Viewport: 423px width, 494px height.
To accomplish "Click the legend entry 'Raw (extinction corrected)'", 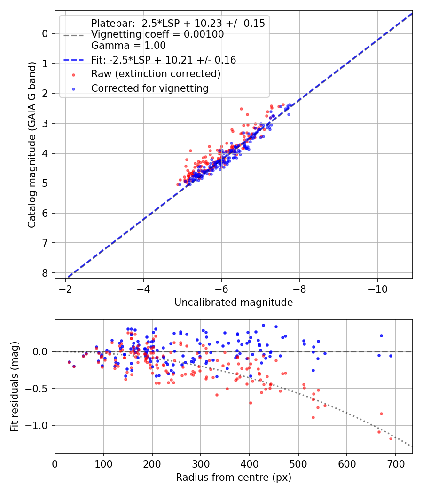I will pyautogui.click(x=156, y=74).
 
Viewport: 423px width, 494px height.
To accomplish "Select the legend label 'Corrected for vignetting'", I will pyautogui.click(x=149, y=88).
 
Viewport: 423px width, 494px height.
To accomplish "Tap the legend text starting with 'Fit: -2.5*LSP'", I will pyautogui.click(x=164, y=60).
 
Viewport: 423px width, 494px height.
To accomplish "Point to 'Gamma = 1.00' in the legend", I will pyautogui.click(x=128, y=46).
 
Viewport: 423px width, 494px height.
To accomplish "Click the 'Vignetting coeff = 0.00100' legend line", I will pyautogui.click(x=157, y=34).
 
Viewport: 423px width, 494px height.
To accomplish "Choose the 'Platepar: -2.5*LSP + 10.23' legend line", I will pyautogui.click(x=178, y=23).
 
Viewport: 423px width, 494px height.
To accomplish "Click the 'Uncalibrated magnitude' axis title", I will pyautogui.click(x=234, y=303).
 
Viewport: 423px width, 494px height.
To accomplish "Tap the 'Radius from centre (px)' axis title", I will pyautogui.click(x=234, y=478).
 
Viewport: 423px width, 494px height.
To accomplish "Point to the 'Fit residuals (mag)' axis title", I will pyautogui.click(x=15, y=386).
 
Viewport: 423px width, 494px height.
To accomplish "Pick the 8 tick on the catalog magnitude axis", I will pyautogui.click(x=45, y=273).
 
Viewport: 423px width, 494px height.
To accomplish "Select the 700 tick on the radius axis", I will pyautogui.click(x=395, y=463).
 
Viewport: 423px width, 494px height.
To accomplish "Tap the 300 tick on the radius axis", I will pyautogui.click(x=201, y=463).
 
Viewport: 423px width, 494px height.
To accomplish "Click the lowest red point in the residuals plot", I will pyautogui.click(x=391, y=438).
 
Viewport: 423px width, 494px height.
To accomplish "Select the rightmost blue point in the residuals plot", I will pyautogui.click(x=391, y=356).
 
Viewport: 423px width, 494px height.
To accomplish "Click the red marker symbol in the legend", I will pyautogui.click(x=73, y=74).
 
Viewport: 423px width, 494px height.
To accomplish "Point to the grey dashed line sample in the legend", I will pyautogui.click(x=73, y=35).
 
